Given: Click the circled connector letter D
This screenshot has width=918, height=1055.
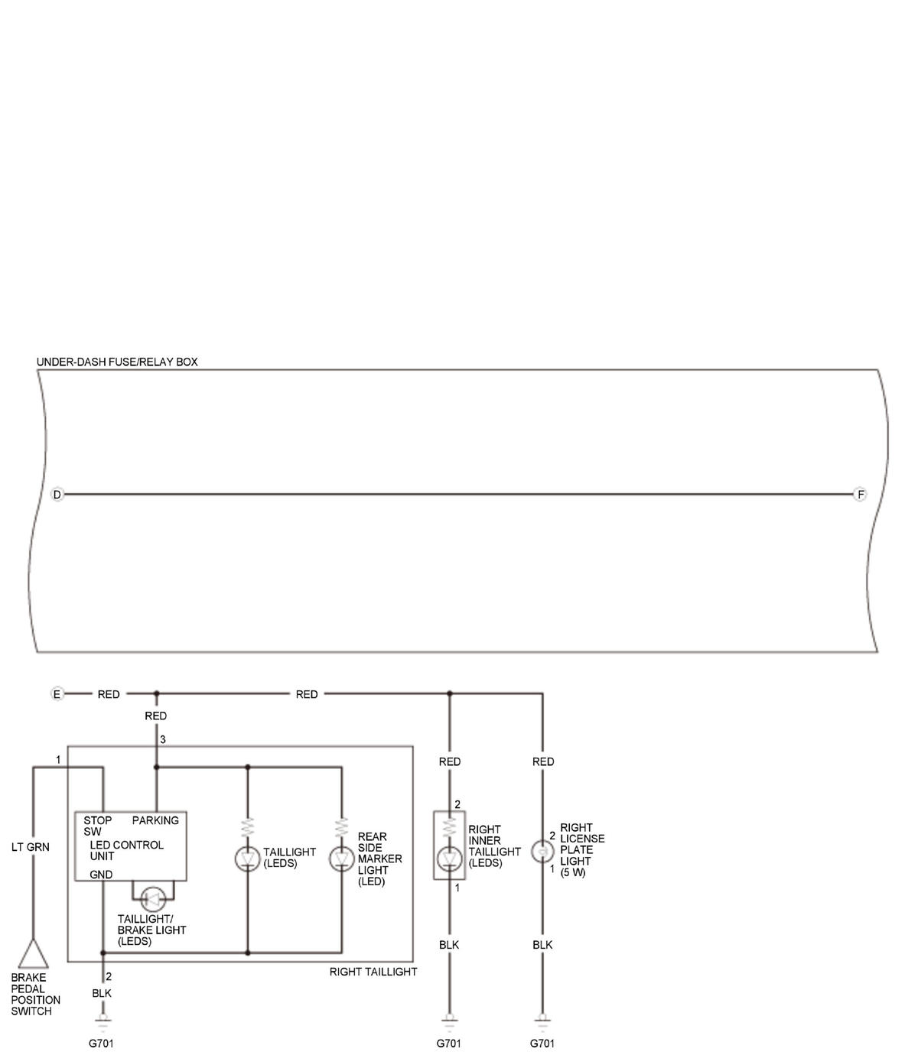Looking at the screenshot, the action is (x=57, y=494).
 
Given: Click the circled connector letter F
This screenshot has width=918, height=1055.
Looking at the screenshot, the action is (x=860, y=494).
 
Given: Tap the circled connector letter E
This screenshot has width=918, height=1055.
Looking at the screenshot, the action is (x=57, y=693).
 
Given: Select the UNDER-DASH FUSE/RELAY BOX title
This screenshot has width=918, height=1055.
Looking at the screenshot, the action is (x=117, y=362).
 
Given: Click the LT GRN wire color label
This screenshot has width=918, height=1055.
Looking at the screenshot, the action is (x=31, y=847).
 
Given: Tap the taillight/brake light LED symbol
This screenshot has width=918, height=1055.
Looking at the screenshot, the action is (x=153, y=899).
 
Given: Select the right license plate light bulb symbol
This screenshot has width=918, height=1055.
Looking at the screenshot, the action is (x=542, y=852).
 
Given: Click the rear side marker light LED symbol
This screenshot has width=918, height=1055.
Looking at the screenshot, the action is (x=342, y=859).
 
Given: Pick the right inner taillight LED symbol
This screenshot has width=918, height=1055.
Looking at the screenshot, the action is (x=450, y=859).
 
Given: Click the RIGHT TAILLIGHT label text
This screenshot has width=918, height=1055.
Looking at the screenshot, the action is (x=373, y=972).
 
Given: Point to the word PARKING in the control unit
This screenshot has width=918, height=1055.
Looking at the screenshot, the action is (x=155, y=820).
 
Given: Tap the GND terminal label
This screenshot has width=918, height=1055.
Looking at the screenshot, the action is (x=101, y=875).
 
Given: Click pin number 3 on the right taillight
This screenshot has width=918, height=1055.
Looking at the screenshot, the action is (x=163, y=739).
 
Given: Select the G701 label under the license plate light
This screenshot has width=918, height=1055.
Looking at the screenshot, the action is (x=542, y=1043).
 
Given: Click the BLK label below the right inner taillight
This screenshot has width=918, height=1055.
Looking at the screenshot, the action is (x=449, y=945).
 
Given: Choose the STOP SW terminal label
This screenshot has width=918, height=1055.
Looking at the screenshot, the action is (x=97, y=826).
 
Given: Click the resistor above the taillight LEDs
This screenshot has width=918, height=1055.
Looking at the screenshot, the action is (x=248, y=828).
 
